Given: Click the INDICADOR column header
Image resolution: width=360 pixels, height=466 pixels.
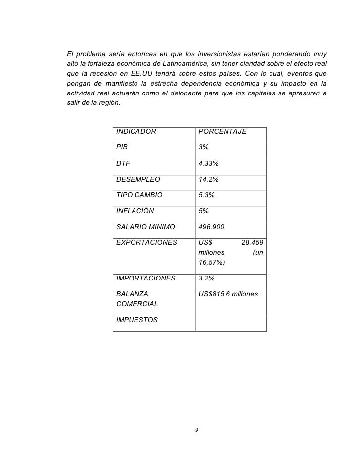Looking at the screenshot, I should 136,132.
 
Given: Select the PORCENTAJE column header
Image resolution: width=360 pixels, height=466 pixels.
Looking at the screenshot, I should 222,132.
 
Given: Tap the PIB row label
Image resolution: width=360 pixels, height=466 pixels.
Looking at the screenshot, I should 122,147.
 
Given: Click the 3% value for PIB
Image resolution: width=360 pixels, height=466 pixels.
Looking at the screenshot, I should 203,147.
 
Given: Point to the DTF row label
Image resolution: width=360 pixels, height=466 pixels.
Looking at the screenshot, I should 123,163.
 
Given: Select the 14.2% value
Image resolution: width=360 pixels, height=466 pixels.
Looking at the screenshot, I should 208,179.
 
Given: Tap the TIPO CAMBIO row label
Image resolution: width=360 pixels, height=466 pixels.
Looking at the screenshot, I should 138,195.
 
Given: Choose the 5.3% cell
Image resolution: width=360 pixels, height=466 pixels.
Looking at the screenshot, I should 206,195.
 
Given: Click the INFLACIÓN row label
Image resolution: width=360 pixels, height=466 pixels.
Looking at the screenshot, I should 135,211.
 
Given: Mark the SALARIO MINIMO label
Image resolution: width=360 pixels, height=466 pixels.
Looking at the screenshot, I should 145,227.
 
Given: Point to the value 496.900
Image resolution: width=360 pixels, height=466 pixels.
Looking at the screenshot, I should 211,227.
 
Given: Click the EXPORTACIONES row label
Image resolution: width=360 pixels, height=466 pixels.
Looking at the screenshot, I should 146,242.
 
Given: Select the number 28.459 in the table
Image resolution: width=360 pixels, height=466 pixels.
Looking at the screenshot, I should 252,242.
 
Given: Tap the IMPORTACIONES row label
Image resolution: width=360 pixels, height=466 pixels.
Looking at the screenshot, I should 145,278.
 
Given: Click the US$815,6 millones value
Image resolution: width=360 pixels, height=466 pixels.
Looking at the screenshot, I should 228,294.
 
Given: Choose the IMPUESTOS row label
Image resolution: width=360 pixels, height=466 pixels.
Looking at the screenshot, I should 137,320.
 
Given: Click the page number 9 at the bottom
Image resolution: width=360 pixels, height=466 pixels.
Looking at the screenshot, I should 196,430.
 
